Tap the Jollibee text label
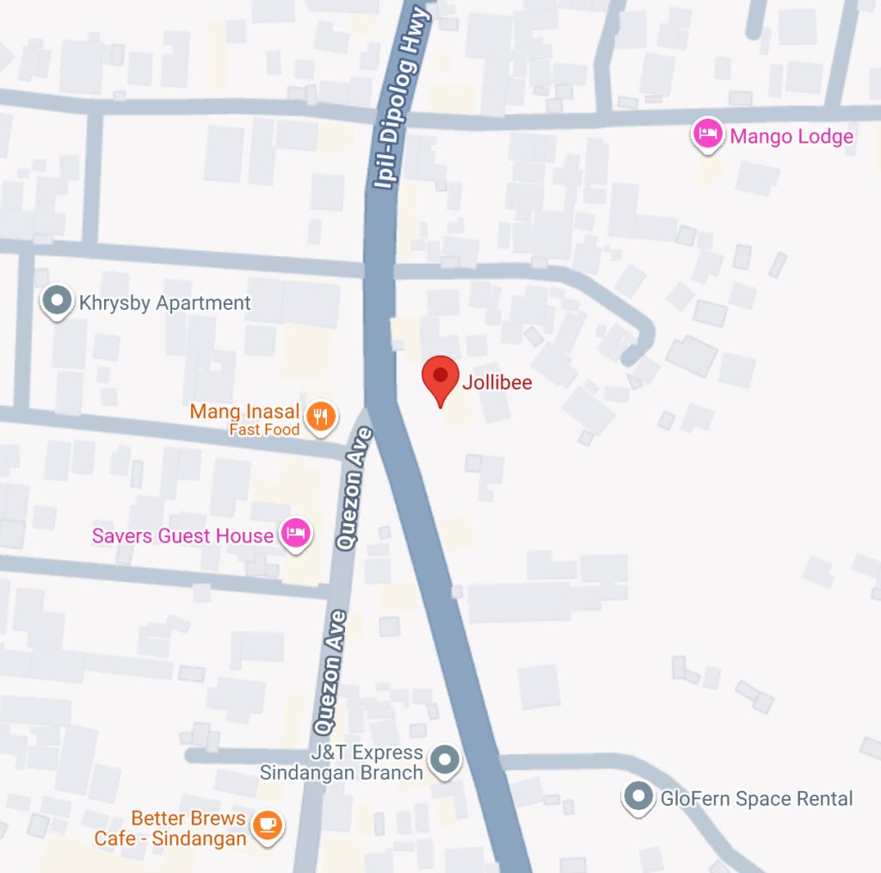497,381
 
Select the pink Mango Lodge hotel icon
706,134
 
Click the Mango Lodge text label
791,136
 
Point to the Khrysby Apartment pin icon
58,300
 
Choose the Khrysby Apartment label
164,303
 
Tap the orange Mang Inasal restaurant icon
321,417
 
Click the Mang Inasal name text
244,412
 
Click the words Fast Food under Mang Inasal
264,430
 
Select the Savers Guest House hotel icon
295,533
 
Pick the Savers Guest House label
182,536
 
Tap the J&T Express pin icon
444,760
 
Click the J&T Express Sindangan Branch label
344,763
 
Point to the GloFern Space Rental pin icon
638,796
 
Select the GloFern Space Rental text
756,799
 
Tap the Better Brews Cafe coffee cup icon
268,825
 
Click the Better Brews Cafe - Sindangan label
171,827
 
